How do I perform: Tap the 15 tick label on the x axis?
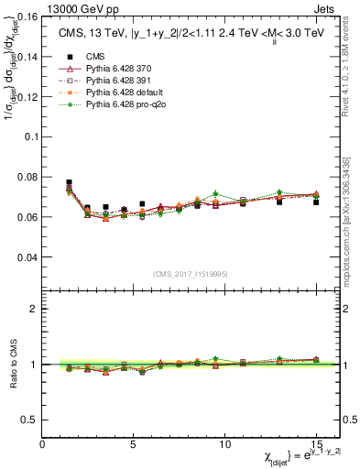click(x=315, y=443)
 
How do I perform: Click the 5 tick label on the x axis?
click(x=134, y=443)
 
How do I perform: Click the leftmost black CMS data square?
click(x=70, y=182)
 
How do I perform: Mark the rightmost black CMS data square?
click(x=316, y=202)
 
